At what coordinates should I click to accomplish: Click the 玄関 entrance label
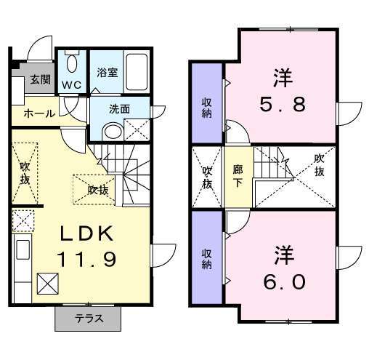(41, 79)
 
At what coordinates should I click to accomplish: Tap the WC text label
(72, 85)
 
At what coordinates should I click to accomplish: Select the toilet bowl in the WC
(72, 63)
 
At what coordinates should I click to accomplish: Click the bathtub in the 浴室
(137, 72)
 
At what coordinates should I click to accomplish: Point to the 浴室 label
(108, 73)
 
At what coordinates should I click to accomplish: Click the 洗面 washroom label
(119, 109)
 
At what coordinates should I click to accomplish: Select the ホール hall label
(39, 113)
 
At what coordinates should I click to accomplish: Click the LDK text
(86, 233)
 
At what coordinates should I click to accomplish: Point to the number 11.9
(86, 259)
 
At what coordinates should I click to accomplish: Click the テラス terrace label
(89, 319)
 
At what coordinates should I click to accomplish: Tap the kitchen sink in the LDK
(23, 249)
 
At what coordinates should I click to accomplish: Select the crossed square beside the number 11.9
(48, 284)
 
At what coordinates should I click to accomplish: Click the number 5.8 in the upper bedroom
(283, 104)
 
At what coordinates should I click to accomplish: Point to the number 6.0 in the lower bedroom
(284, 282)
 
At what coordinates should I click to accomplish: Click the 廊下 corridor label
(238, 176)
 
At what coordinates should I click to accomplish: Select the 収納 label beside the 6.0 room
(207, 260)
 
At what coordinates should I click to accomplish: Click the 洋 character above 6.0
(284, 255)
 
